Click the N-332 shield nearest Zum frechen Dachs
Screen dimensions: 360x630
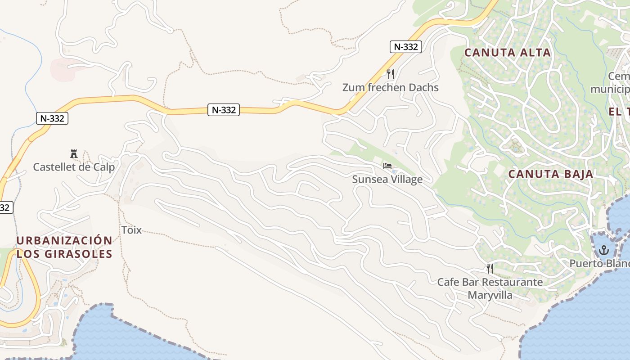(405, 46)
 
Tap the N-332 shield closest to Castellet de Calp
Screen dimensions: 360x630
(52, 118)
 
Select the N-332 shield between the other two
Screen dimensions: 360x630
(224, 109)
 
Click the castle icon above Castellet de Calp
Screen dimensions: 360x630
(74, 154)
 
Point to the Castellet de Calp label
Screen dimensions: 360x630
(74, 167)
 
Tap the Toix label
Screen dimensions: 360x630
(131, 230)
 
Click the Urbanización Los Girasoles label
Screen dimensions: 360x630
(64, 247)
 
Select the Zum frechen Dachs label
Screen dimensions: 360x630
(390, 87)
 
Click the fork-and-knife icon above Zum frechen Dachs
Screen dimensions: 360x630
(391, 74)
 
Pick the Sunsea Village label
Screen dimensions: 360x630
(387, 180)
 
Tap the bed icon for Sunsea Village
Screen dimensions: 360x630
(387, 166)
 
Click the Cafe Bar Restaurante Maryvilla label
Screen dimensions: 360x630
(490, 288)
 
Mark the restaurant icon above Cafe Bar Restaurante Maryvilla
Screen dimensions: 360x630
(490, 269)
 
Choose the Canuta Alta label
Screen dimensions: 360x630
(508, 53)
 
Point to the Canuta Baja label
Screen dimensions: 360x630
(551, 174)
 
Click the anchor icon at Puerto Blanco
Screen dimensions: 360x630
(603, 250)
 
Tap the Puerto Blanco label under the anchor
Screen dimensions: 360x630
(599, 263)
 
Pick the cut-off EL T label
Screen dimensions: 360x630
(619, 112)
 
